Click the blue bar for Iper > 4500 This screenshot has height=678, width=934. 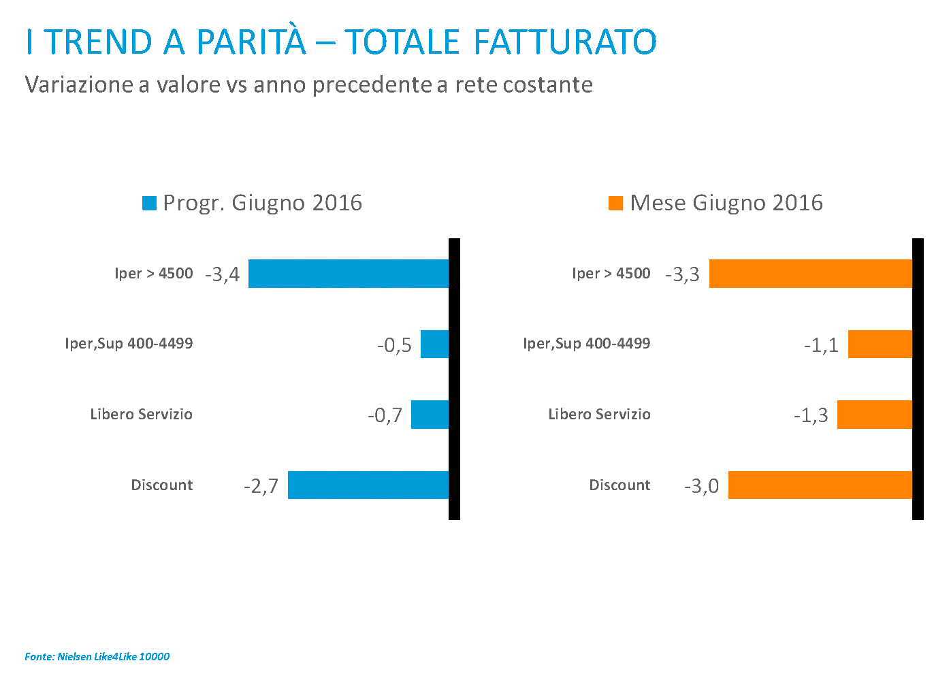[x=349, y=274]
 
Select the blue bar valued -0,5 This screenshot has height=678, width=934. [x=434, y=344]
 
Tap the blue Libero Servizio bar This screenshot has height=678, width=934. [x=430, y=414]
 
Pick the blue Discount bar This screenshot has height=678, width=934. [x=368, y=485]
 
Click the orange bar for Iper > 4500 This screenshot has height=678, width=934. [x=810, y=274]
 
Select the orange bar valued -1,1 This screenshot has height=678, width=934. [x=880, y=344]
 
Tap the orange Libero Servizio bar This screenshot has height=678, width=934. [x=874, y=414]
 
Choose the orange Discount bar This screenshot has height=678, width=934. [x=820, y=485]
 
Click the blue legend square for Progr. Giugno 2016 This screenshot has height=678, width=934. [x=149, y=203]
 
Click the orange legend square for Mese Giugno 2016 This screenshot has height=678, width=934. [x=615, y=203]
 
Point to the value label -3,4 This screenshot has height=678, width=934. [x=223, y=274]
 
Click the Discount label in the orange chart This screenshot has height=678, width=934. [x=619, y=485]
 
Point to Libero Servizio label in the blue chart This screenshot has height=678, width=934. [x=141, y=414]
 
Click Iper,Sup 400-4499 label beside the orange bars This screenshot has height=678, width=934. [x=586, y=343]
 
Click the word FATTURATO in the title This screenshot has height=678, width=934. [x=564, y=42]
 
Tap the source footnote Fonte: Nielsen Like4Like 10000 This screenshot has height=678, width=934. [x=97, y=657]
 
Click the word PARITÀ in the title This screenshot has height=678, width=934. [x=251, y=42]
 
